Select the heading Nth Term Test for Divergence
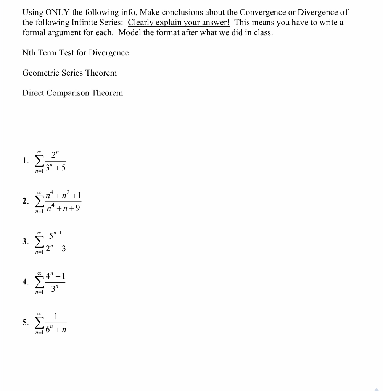pyautogui.click(x=76, y=53)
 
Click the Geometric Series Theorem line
pyautogui.click(x=69, y=73)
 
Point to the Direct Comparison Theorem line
pyautogui.click(x=72, y=93)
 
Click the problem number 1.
pyautogui.click(x=25, y=161)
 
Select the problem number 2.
pyautogui.click(x=25, y=201)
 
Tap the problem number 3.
pyautogui.click(x=25, y=241)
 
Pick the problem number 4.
pyautogui.click(x=25, y=282)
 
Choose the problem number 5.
pyautogui.click(x=25, y=323)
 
